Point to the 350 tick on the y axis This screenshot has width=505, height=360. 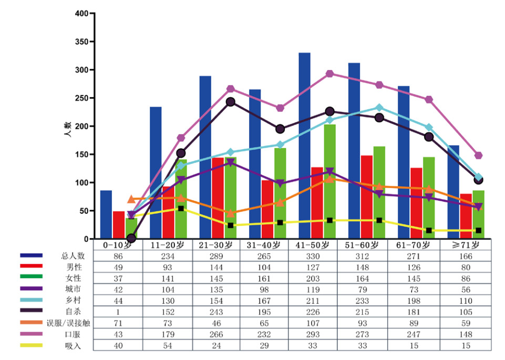click(x=92, y=42)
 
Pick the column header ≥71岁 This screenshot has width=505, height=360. click(x=466, y=245)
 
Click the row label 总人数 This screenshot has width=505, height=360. click(x=73, y=256)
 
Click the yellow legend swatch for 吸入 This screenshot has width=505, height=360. click(x=32, y=345)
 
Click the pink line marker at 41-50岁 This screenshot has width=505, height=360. click(x=329, y=74)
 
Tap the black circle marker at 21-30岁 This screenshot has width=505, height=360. click(x=230, y=102)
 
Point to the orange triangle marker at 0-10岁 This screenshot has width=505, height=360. click(x=131, y=199)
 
